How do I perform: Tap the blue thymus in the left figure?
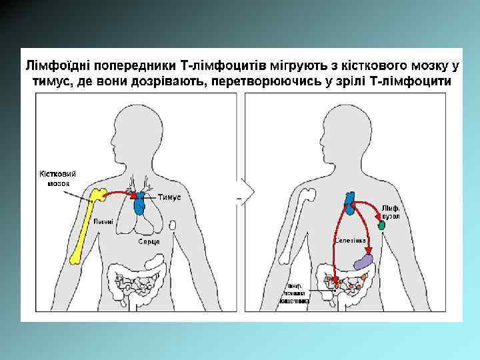[x=139, y=203]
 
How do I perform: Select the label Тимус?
[x=169, y=197]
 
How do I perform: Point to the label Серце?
[x=148, y=240]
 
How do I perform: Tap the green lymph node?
[x=381, y=226]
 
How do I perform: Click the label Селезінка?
[x=349, y=239]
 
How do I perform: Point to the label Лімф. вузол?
[x=391, y=212]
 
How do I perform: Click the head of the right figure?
[x=349, y=127]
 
